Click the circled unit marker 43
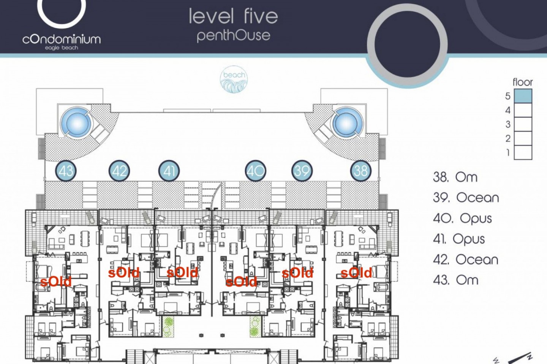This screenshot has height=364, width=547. [x=66, y=171]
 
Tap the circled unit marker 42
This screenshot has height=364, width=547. [x=119, y=171]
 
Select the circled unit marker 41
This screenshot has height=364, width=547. [x=169, y=171]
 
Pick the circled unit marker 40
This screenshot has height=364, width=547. [x=256, y=171]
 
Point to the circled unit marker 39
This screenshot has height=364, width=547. [x=302, y=171]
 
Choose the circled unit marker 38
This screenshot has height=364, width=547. [x=361, y=171]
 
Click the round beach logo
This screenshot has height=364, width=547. [x=234, y=80]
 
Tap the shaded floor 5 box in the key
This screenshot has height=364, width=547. [x=523, y=96]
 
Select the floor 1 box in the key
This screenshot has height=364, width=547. [x=523, y=153]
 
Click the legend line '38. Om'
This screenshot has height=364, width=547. [x=455, y=177]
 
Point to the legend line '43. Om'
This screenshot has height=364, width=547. [x=456, y=280]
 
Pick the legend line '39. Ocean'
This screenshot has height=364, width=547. [x=466, y=198]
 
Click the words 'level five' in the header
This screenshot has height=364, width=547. [x=234, y=16]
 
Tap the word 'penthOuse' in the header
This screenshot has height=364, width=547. [x=234, y=36]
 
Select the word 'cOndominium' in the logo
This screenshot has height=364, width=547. [x=62, y=39]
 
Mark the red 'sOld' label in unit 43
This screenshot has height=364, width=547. [x=56, y=282]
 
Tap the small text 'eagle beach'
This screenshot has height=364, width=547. [x=62, y=48]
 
